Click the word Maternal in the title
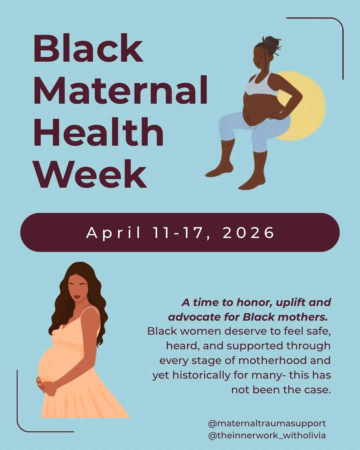[x=121, y=90]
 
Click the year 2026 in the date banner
[x=248, y=233]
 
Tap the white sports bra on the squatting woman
[x=261, y=85]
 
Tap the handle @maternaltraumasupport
[x=267, y=423]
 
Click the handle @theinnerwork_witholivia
[x=267, y=435]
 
